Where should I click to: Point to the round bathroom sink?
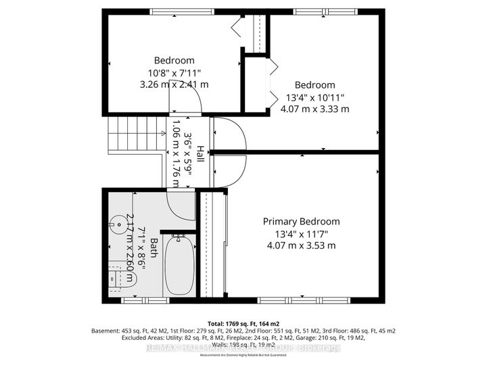click(x=121, y=220)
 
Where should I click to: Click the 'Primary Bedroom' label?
click(x=301, y=221)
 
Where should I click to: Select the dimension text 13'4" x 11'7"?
click(x=301, y=233)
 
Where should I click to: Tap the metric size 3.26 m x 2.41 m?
click(x=174, y=84)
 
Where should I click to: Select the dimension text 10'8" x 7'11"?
click(x=174, y=72)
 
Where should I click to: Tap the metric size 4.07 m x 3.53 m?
click(x=301, y=245)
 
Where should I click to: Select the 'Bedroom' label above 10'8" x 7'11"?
click(x=174, y=60)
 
